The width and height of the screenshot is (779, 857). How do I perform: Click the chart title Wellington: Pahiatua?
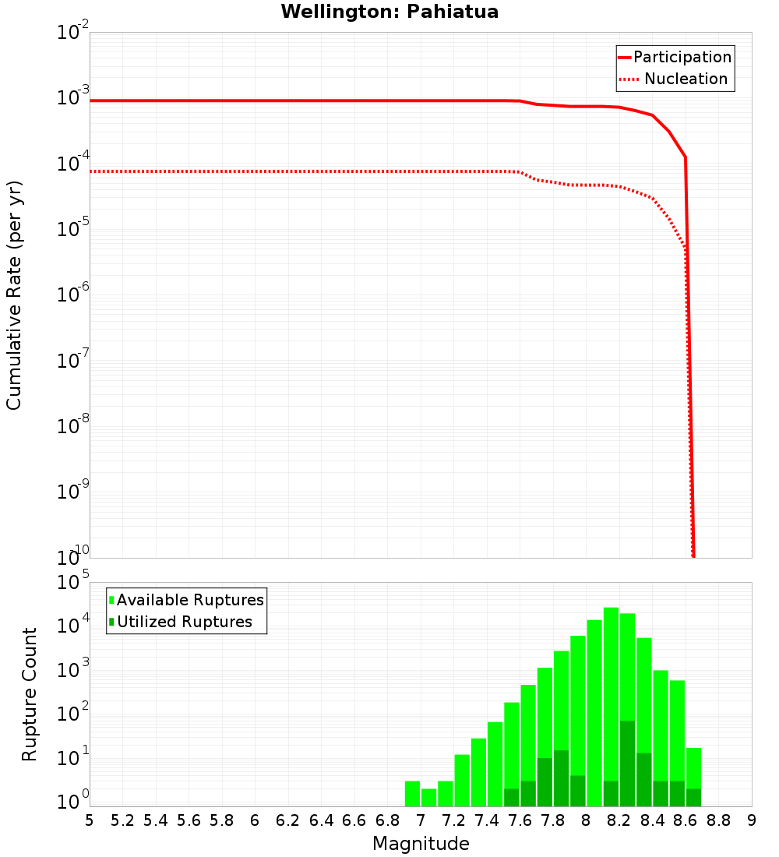(389, 12)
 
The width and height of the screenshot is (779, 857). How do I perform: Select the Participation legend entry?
(682, 58)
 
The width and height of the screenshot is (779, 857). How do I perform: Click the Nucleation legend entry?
(685, 79)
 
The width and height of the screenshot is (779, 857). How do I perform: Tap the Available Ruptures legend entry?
(190, 600)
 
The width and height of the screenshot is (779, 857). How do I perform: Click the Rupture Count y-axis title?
(30, 694)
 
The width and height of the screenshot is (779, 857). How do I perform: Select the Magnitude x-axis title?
(421, 844)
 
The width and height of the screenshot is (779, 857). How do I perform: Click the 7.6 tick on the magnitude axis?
(520, 820)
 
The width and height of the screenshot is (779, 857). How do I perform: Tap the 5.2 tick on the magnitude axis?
(122, 820)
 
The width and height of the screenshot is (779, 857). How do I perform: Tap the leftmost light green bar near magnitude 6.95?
(412, 793)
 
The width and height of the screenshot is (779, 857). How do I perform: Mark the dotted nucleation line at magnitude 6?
(255, 171)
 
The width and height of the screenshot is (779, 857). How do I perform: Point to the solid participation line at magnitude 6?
(255, 101)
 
